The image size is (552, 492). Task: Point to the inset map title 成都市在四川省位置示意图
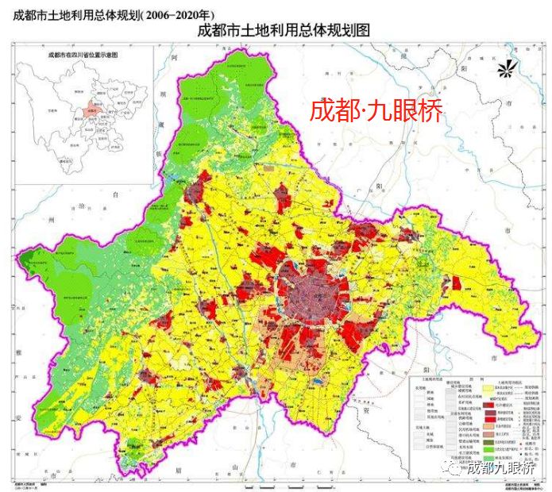[83, 55]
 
